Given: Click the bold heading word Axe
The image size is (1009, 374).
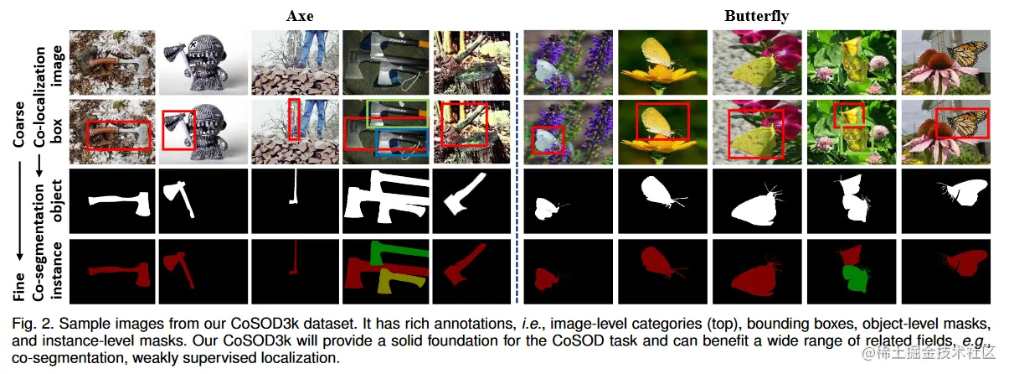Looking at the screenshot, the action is [x=300, y=15].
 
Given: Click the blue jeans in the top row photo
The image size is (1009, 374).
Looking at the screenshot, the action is [x=313, y=47].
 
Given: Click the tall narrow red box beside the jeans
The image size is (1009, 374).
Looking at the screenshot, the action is [x=293, y=119].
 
